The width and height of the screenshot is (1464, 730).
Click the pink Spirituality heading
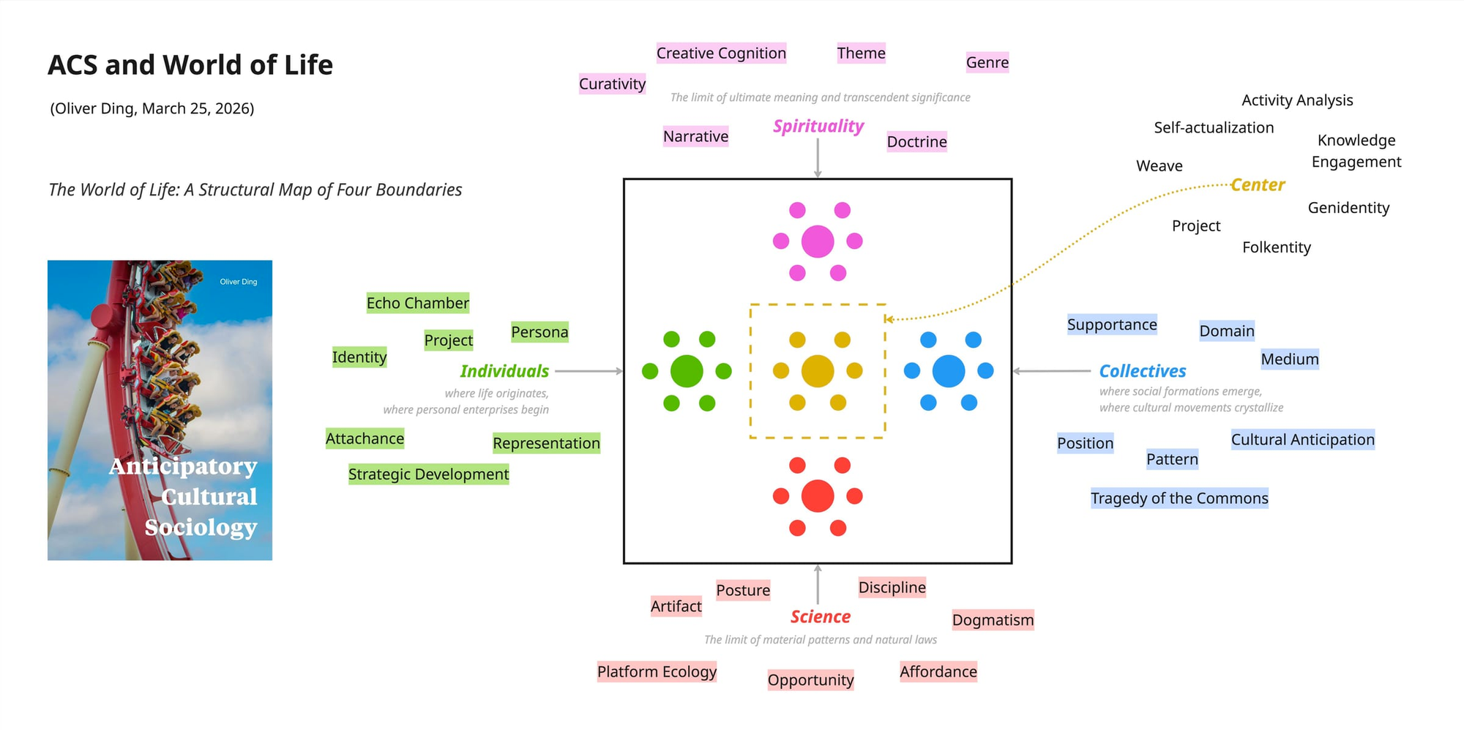pos(818,126)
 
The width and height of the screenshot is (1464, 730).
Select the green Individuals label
pos(504,371)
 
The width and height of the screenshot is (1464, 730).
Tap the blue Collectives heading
pos(1142,371)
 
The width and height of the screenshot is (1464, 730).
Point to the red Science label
pos(820,617)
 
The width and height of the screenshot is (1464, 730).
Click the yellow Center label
pos(1258,185)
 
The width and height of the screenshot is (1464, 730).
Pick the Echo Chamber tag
pos(417,303)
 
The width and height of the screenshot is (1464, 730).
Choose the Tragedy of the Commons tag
pos(1179,499)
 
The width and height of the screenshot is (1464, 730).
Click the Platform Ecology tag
pos(657,671)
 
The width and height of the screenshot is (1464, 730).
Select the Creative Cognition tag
pos(721,53)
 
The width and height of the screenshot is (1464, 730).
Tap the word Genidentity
pos(1348,208)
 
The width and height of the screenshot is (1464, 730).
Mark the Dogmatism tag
pos(993,620)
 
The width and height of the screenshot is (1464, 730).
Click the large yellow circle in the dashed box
pos(818,371)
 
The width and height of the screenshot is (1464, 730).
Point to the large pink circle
pos(818,242)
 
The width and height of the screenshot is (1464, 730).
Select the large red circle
pos(818,496)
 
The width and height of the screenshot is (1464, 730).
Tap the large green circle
pos(687,371)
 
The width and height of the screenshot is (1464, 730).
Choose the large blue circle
pos(949,371)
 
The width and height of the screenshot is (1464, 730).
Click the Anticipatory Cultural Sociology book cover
pos(160,410)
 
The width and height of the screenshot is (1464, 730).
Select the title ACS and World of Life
pos(190,65)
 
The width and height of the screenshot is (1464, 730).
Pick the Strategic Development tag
pos(428,474)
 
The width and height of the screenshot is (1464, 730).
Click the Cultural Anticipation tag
pos(1302,440)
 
